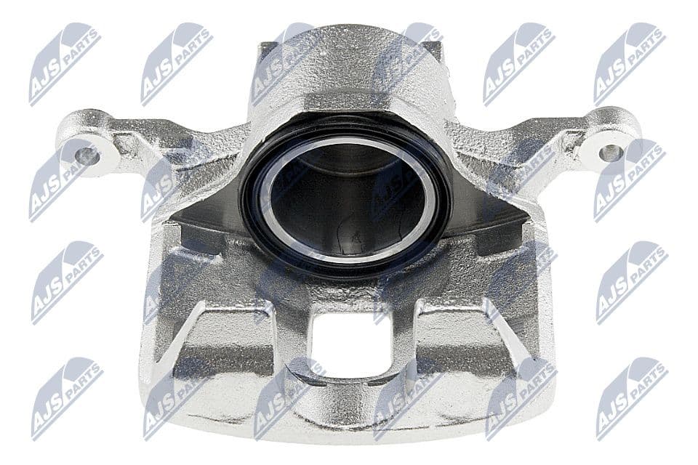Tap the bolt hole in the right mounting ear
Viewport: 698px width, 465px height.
coord(610,153)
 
